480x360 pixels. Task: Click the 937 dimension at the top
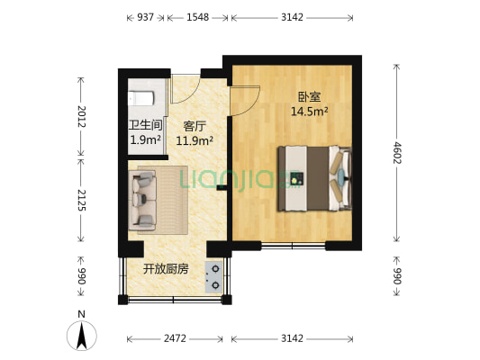coord(145,16)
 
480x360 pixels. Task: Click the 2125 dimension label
coord(81,200)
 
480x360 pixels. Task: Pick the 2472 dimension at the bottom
coord(175,338)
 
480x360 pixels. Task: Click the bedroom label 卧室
coord(309,97)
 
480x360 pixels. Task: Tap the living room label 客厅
coord(195,126)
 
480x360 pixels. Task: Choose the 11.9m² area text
coord(195,140)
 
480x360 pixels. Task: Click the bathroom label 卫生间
coord(145,126)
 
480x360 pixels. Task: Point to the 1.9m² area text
coord(145,140)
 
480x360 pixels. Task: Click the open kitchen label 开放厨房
coord(165,269)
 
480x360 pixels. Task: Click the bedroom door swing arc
coord(249,101)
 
